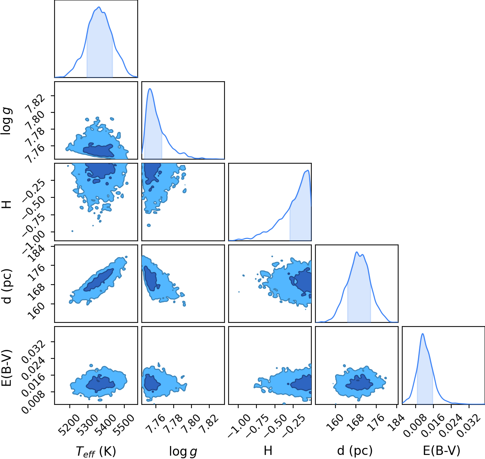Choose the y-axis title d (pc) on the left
pos(7,286)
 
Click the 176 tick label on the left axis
pos(36,272)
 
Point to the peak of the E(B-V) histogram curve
pos(423,334)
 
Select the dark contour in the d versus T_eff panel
pos(99,280)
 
